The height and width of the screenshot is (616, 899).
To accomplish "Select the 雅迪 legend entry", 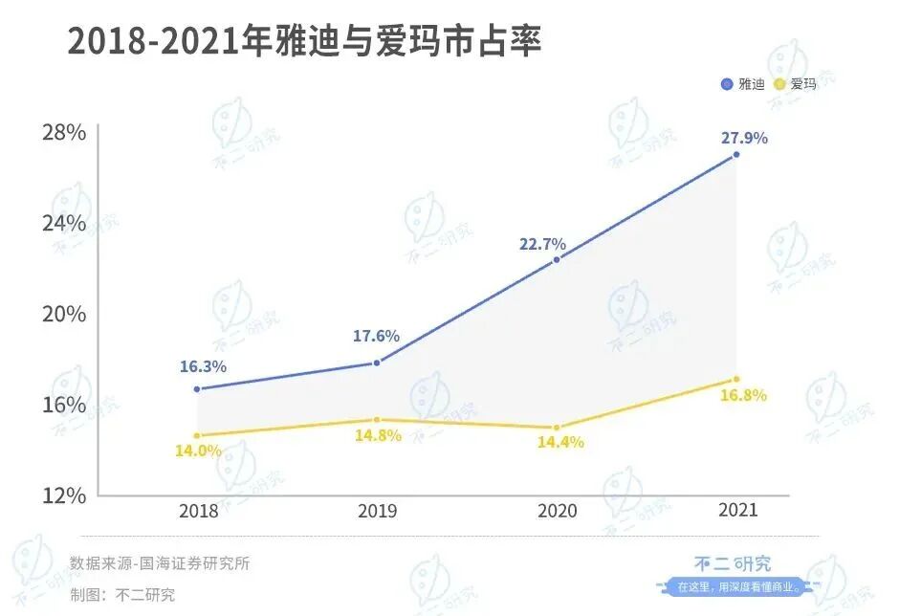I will [x=743, y=84].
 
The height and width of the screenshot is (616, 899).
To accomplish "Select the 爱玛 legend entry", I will [x=796, y=84].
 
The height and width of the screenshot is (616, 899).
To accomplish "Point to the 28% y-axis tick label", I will [x=64, y=132].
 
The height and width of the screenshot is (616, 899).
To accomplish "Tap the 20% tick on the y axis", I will [x=64, y=315].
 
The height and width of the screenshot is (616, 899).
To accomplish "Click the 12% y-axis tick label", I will [x=64, y=495].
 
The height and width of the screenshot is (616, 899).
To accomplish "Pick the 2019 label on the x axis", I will [x=377, y=511].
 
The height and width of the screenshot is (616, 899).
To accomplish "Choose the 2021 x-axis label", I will [x=736, y=511].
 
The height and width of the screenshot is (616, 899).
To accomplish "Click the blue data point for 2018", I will [x=197, y=389].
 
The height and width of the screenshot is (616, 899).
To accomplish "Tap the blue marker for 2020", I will [x=557, y=259].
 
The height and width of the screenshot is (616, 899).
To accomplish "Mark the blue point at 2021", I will [x=736, y=154].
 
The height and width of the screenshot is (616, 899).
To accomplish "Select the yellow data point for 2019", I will [x=377, y=420].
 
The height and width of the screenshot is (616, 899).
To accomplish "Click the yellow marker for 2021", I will [x=736, y=380].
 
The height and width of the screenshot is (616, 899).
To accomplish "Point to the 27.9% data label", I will [x=744, y=138].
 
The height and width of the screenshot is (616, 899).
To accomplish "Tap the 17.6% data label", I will [x=376, y=337].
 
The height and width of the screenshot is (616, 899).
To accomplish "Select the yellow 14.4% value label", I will [x=559, y=443].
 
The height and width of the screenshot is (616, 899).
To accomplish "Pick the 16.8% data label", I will [x=743, y=396].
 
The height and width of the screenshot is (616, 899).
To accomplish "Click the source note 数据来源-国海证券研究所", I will [x=160, y=563].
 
